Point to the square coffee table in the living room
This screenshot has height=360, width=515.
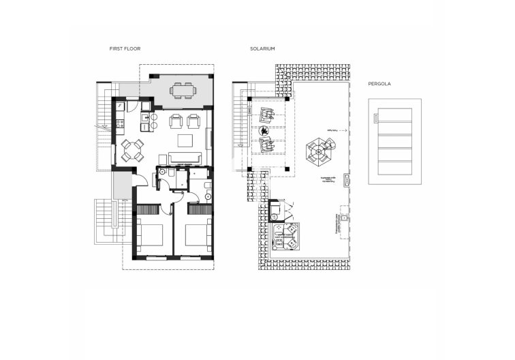click(185, 140)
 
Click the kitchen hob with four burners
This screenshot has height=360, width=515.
click(121, 125)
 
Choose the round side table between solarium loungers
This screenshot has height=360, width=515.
click(266, 130)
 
